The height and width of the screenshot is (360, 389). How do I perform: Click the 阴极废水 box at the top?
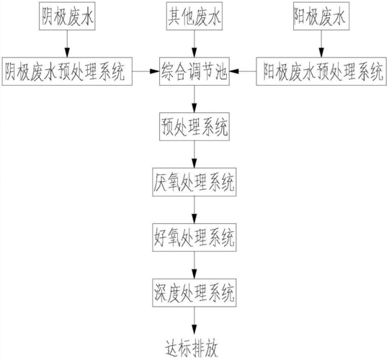[67, 16]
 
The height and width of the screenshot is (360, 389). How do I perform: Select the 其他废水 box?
[194, 16]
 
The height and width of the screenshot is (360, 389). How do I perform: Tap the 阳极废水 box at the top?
[321, 16]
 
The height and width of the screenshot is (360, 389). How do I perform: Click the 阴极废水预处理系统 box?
[67, 71]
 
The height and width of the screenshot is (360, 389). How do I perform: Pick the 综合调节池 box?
[194, 71]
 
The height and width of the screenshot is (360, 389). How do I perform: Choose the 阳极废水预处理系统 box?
[321, 71]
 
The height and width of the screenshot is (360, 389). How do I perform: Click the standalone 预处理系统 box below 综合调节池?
[194, 127]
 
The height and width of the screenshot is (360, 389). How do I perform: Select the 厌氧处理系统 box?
[194, 182]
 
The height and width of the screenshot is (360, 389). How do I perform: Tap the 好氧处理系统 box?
[194, 238]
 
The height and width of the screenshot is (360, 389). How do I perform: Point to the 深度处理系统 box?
[194, 292]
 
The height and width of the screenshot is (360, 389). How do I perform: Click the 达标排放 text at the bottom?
[192, 349]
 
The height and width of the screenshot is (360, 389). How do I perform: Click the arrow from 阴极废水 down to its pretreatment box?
[67, 44]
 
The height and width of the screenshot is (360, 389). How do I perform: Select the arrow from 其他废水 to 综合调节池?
[194, 44]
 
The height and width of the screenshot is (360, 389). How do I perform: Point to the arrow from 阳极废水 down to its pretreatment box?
[321, 44]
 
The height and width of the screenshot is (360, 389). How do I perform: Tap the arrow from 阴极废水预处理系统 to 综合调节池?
[146, 71]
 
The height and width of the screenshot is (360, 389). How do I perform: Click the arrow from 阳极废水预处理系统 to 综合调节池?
[243, 71]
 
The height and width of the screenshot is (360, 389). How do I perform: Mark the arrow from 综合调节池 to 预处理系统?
[194, 99]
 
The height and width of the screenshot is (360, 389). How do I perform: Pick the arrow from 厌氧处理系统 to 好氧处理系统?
[194, 210]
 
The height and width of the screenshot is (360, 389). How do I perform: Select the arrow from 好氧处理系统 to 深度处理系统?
[194, 265]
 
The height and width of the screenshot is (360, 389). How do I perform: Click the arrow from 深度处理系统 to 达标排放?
[194, 320]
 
